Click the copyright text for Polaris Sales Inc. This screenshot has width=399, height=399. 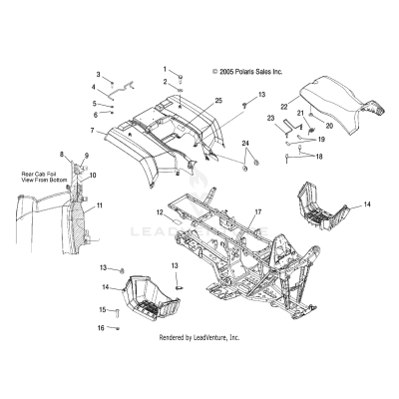(248, 72)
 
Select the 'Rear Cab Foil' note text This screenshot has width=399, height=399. (40, 178)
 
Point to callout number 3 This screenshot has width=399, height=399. (98, 75)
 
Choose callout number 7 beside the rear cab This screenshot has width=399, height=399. (91, 131)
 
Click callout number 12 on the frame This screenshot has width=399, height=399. (160, 212)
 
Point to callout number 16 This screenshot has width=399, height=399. (100, 327)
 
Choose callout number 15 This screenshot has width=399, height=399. (100, 310)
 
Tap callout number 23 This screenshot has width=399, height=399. (270, 119)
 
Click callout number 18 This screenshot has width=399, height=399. (319, 157)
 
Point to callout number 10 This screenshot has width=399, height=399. (93, 176)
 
